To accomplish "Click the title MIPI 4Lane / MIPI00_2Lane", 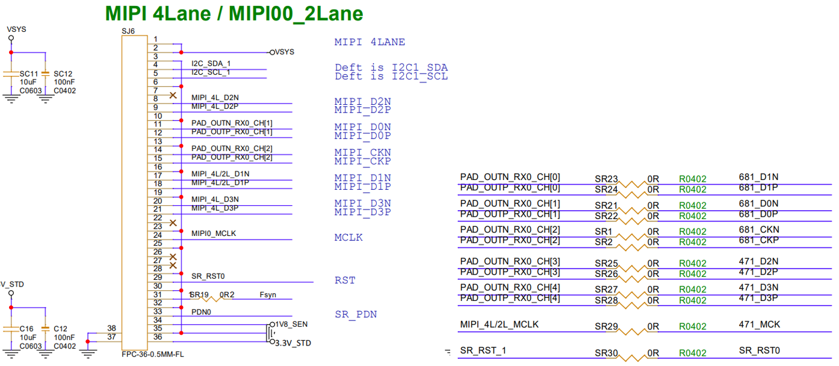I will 234,13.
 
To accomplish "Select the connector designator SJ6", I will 129,30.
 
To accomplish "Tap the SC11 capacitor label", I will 29,73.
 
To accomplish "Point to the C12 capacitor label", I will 60,329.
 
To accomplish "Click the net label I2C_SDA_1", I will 211,63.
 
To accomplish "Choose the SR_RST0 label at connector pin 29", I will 208,276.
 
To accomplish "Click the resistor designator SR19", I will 199,295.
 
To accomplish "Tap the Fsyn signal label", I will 268,295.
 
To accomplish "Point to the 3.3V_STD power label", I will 293,343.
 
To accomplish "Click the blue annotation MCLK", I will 348,237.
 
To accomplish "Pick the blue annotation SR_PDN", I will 356,314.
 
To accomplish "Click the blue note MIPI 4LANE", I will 370,42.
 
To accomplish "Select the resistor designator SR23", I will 606,179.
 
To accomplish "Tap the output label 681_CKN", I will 758,229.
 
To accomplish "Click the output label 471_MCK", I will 759,324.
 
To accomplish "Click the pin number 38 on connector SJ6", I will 111,328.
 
